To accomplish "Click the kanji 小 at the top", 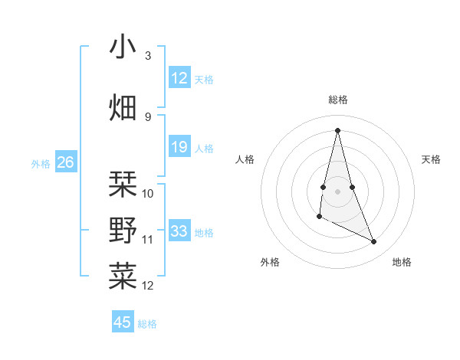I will [x=123, y=47].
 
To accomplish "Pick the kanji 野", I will [x=123, y=230].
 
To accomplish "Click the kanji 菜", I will [x=123, y=276].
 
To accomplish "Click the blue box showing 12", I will [x=179, y=78].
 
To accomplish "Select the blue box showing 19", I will [x=179, y=147].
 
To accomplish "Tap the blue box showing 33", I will [x=179, y=231].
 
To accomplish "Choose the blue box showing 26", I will [x=66, y=162].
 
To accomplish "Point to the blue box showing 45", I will [x=123, y=322].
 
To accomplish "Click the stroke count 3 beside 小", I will [x=148, y=56].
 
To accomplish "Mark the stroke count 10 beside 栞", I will [x=148, y=193].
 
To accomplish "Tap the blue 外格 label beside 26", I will [x=41, y=163].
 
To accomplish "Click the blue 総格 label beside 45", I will [x=147, y=324].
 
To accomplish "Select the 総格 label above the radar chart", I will [x=338, y=100].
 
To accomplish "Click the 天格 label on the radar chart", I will [x=431, y=159].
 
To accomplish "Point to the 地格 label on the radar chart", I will [x=402, y=262].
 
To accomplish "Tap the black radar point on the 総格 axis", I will [x=337, y=130].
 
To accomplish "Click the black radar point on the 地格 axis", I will [x=374, y=242].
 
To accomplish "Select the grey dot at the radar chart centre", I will [x=338, y=191].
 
